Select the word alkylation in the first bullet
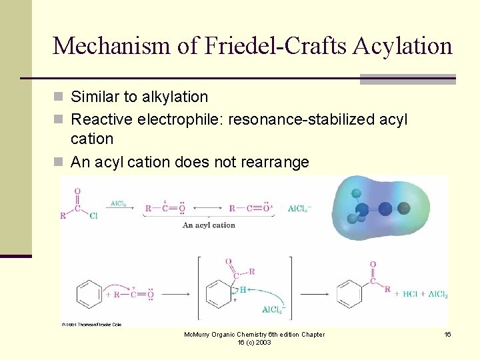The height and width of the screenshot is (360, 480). click(x=175, y=97)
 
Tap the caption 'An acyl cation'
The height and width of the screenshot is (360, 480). click(x=209, y=225)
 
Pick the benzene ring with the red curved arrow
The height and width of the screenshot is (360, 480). click(x=89, y=292)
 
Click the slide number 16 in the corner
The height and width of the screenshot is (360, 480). click(x=448, y=334)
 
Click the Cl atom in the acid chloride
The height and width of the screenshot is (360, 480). click(x=94, y=215)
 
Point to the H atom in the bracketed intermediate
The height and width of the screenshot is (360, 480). click(x=243, y=289)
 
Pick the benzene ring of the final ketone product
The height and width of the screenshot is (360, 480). click(x=350, y=292)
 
